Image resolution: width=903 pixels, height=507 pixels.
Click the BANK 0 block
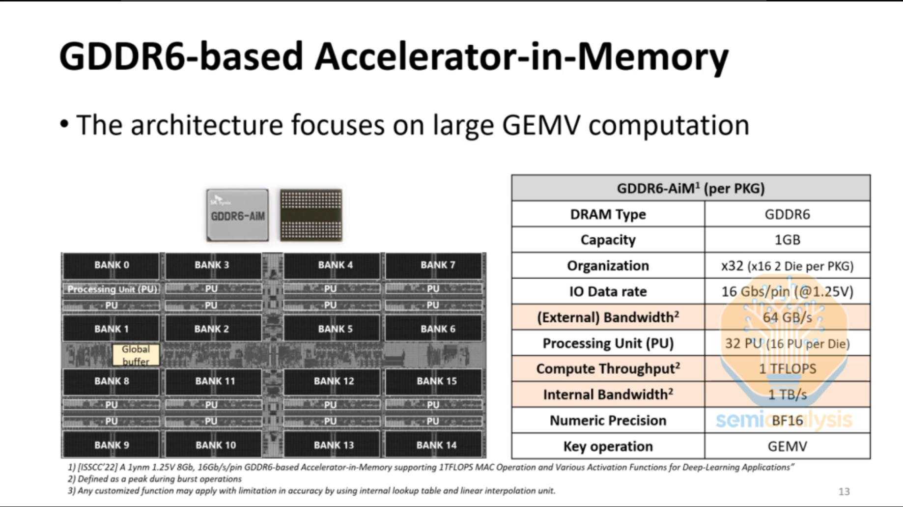point(112,265)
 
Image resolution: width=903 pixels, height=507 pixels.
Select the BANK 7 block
point(437,265)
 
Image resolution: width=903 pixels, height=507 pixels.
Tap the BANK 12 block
point(334,381)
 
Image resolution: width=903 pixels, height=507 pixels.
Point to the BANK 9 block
point(112,445)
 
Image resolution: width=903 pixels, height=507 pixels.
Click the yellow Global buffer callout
point(136,355)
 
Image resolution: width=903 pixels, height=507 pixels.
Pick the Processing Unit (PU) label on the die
point(112,289)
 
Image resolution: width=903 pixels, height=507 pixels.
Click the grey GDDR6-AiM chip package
point(237,215)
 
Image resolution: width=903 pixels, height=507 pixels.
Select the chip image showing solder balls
point(311,215)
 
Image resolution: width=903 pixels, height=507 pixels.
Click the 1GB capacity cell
point(787,240)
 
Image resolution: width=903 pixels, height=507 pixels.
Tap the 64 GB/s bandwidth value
point(787,317)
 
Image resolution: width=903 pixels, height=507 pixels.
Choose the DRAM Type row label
point(608,214)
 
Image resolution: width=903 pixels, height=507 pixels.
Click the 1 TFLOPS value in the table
point(787,369)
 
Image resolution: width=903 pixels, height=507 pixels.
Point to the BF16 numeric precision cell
point(787,421)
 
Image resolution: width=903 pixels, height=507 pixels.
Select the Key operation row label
point(608,446)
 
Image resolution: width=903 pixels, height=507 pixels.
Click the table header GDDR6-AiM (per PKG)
point(690,188)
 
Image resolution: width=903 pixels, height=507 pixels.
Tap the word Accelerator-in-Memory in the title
point(521,56)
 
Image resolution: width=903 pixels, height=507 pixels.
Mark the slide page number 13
point(844,491)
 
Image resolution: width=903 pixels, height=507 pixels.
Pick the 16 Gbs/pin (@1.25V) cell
point(787,292)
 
